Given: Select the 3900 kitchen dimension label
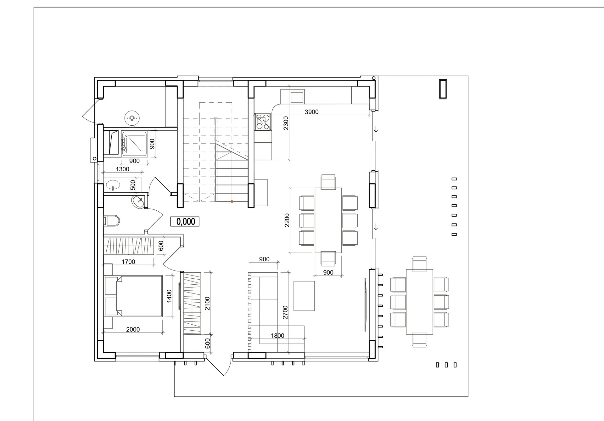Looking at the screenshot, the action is pos(312,112).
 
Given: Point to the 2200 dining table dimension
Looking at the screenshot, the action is pos(287,220).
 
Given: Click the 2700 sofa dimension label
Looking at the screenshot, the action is pos(285,312).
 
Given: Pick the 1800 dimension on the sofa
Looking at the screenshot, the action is pos(277,336).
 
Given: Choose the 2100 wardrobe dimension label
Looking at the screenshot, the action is pos(207,304).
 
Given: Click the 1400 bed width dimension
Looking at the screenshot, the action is pos(169,296).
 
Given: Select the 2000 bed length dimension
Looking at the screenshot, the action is pos(133,330).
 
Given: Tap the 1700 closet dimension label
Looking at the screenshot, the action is pos(128,262).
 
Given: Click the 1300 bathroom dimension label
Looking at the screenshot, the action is pos(122,169).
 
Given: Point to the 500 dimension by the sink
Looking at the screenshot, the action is pos(133,185).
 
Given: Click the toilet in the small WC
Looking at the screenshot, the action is pos(111,221).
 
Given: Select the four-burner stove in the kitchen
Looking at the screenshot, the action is pos(263,122).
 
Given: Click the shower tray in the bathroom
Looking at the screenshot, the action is pos(134,144).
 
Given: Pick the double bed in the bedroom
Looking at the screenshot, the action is pos(133,296).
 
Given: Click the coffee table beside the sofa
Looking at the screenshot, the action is pos(304,296).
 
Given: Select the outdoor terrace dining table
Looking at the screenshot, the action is pos(420,302).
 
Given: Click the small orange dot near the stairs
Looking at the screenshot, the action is pos(232,202).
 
